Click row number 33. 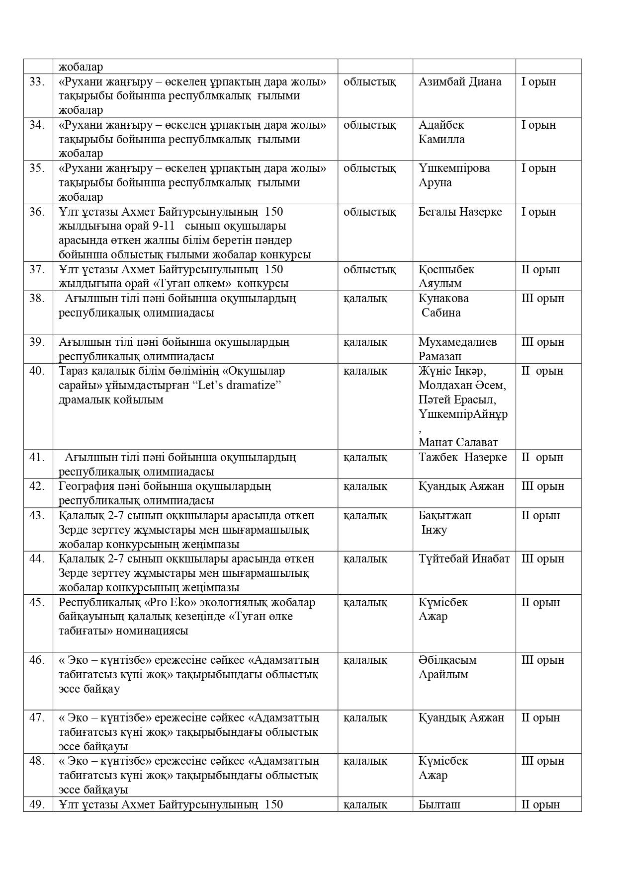[x=37, y=81]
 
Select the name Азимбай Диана [x=460, y=81]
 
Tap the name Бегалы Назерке [x=460, y=212]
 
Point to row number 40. [x=37, y=371]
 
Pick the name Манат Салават [x=458, y=442]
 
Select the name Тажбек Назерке [x=462, y=457]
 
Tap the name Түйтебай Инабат [x=464, y=558]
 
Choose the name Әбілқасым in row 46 [x=447, y=660]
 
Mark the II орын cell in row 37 [x=540, y=269]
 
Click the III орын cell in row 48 [x=543, y=761]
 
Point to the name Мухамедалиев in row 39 [x=457, y=342]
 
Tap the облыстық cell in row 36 [x=369, y=212]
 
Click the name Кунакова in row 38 [x=443, y=298]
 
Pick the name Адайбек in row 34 [x=441, y=125]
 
